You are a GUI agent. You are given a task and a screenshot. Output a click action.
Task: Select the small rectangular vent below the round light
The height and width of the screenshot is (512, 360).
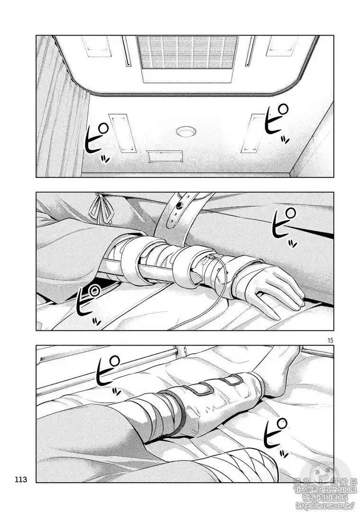[x=164, y=156]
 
